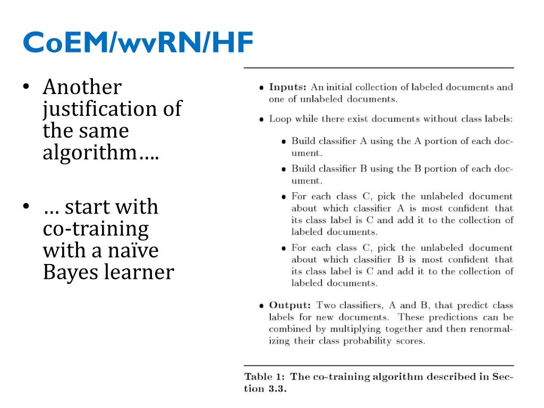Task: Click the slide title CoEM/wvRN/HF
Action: (138, 42)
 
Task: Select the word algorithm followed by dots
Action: (100, 152)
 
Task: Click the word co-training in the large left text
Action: (96, 229)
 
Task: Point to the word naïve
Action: (133, 250)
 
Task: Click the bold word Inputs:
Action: (287, 87)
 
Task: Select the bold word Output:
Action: (290, 305)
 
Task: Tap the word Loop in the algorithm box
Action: (280, 119)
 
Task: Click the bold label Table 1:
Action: (265, 377)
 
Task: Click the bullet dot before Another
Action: (26, 86)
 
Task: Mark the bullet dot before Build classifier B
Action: (284, 169)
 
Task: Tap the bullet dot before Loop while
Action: (261, 120)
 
